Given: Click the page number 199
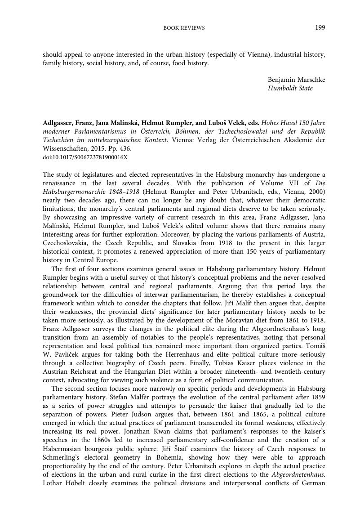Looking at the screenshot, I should (x=320, y=27).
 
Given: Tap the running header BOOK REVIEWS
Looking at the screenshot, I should (x=184, y=28).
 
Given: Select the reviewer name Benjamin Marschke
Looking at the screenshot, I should (x=296, y=80).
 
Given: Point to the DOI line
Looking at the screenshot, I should (x=85, y=157).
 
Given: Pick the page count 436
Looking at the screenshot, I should (x=125, y=148).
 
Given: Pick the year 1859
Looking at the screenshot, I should (x=318, y=398).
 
